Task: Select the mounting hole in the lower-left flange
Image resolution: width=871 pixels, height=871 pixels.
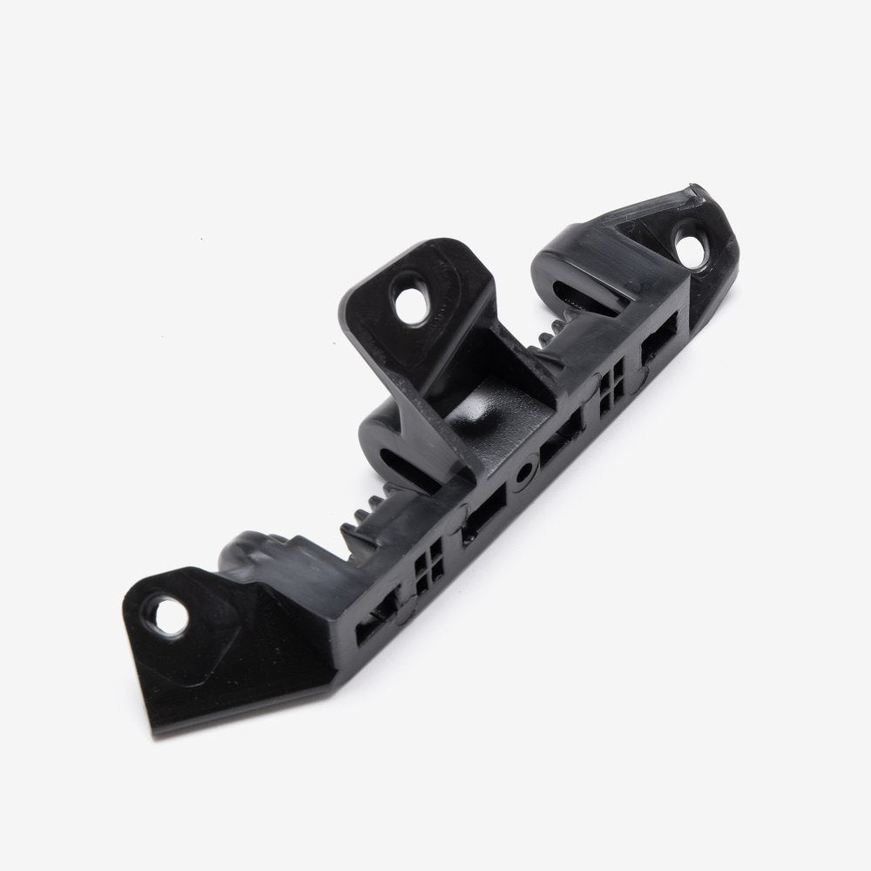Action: point(171,613)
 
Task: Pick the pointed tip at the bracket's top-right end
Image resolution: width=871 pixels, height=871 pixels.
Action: point(697,189)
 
